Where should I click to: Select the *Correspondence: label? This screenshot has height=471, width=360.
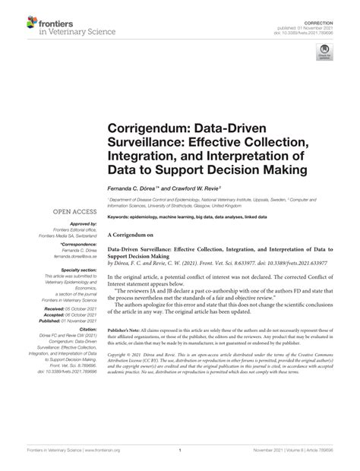coord(74,245)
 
